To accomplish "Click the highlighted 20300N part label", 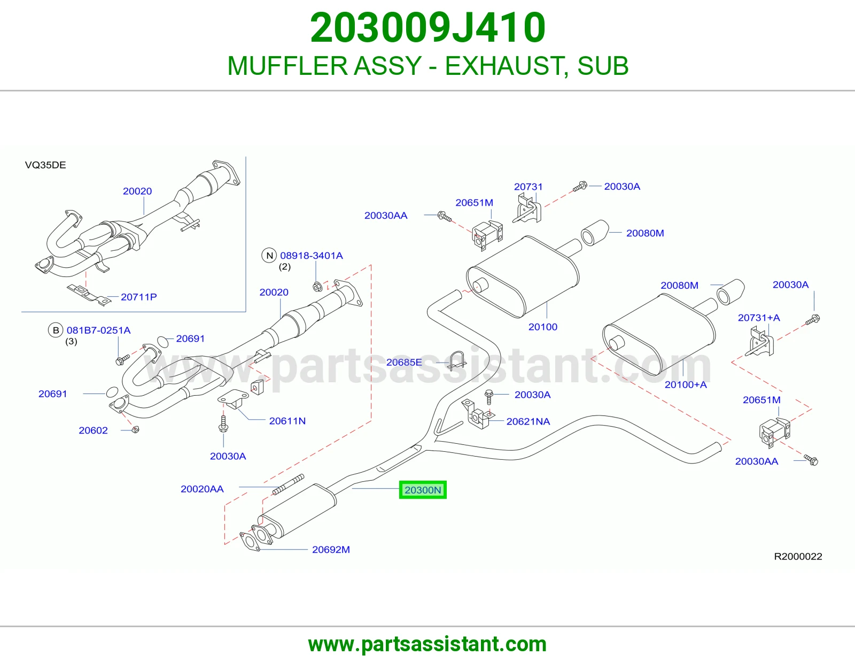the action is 423,490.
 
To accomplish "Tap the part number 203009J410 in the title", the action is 428,28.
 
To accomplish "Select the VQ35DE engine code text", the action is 45,165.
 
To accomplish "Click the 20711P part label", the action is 138,297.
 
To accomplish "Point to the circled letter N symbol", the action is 269,256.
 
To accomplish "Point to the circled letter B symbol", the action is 56,330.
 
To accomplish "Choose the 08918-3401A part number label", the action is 311,256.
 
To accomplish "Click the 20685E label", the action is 403,362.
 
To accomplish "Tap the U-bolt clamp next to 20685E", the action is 456,361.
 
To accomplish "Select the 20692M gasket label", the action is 331,549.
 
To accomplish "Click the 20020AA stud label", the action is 202,489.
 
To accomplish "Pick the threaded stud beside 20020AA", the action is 289,484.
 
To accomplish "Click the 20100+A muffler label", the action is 686,384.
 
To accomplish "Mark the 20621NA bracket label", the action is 528,421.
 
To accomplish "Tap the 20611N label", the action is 287,421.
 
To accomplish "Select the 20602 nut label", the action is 94,430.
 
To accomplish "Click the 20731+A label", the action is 759,318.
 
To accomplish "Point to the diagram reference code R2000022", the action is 798,556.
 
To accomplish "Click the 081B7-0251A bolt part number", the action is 98,330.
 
